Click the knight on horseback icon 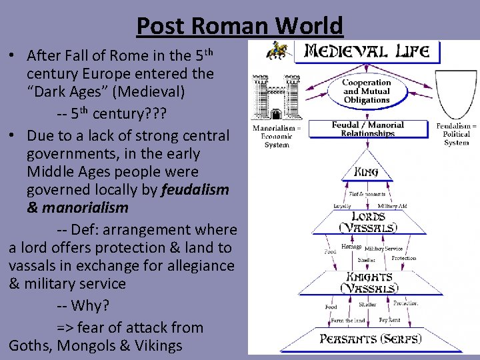(x=277, y=51)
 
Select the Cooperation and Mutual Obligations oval (x=366, y=91)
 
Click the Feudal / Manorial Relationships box (x=368, y=129)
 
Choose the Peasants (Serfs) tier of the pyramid (x=370, y=338)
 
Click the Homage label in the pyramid (x=351, y=247)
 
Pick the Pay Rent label (x=389, y=320)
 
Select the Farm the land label (x=348, y=321)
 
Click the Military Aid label (x=392, y=206)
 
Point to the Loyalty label (x=342, y=206)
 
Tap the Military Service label (x=384, y=249)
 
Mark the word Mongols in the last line (x=87, y=345)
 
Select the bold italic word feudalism (x=195, y=189)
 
